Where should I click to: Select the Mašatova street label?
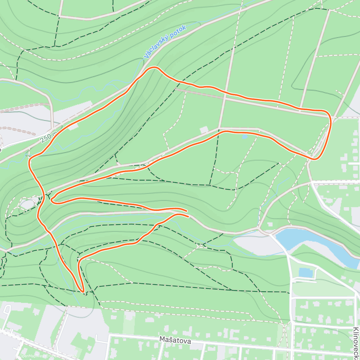pos(175,340)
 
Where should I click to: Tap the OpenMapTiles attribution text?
pos(31,356)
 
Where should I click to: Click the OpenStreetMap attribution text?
pos(63,356)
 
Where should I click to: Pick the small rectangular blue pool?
pos(306,273)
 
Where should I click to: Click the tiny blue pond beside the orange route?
pos(244,137)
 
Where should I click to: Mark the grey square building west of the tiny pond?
pos(204,130)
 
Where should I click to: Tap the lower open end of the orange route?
pos(188,216)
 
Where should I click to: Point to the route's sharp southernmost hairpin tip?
pos(82,291)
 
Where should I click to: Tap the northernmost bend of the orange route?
pos(154,67)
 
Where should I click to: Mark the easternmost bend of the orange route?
pos(331,120)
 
